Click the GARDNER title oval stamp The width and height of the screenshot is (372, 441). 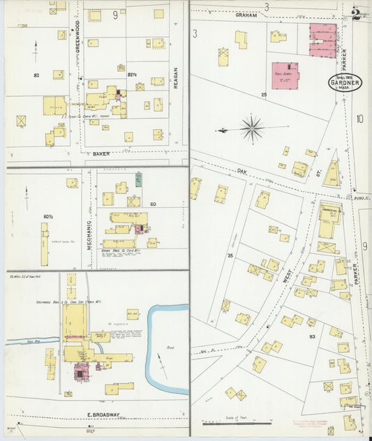(346, 82)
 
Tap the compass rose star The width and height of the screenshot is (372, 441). (252, 128)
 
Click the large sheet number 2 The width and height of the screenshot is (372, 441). (357, 13)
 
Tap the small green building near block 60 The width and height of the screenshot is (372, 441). (139, 178)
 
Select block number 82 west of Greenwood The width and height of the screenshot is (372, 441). (36, 74)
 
